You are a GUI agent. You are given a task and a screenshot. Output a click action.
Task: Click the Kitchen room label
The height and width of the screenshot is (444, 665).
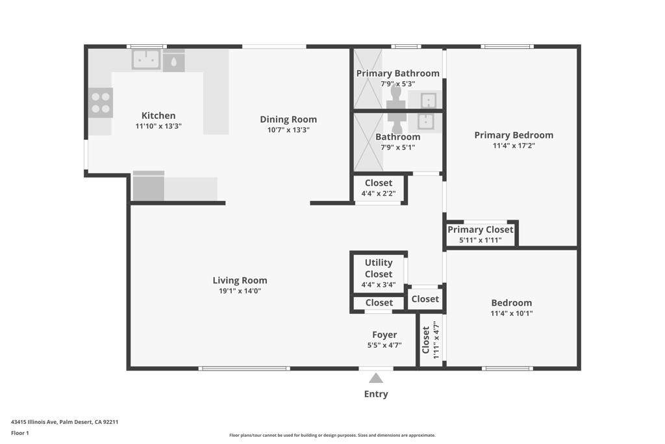(158, 116)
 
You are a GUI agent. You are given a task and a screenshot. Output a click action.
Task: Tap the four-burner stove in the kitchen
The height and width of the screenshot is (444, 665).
(101, 102)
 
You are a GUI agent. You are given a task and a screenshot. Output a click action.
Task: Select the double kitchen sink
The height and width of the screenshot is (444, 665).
(146, 60)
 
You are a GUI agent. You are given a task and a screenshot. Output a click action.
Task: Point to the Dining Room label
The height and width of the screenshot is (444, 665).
(288, 119)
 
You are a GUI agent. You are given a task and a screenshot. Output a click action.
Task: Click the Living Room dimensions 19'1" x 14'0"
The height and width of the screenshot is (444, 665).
(240, 291)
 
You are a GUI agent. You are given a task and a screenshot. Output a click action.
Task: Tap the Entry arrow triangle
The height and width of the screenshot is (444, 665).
(376, 378)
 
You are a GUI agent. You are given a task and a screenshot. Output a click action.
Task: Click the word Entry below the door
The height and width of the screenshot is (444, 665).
(376, 394)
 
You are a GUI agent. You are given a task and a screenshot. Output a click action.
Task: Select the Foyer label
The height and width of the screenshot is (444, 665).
(384, 335)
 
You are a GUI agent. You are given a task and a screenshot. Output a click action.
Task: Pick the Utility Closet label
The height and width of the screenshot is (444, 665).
(379, 268)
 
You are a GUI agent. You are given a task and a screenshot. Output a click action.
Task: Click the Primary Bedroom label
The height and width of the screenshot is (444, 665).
(514, 135)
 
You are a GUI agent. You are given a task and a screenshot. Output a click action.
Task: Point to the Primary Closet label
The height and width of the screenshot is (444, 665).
(481, 229)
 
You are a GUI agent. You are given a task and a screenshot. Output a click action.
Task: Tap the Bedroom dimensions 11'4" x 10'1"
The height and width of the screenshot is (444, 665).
(512, 313)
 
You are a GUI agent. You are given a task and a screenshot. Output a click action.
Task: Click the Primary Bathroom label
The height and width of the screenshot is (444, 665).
(397, 73)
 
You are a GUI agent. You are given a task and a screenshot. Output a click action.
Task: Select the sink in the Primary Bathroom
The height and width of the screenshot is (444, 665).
(428, 100)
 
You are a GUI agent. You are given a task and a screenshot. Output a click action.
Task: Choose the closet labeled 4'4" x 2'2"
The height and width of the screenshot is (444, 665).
(379, 188)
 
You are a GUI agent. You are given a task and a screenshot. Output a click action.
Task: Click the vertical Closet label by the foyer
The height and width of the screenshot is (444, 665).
(426, 339)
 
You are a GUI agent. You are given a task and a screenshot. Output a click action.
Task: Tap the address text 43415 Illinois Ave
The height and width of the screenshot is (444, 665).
(64, 422)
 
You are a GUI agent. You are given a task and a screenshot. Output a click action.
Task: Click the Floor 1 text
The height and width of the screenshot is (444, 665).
(20, 433)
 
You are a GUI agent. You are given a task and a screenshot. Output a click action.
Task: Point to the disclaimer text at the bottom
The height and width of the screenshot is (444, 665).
(332, 436)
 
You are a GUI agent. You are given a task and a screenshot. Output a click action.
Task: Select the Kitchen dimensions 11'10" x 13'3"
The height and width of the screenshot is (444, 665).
(158, 126)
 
